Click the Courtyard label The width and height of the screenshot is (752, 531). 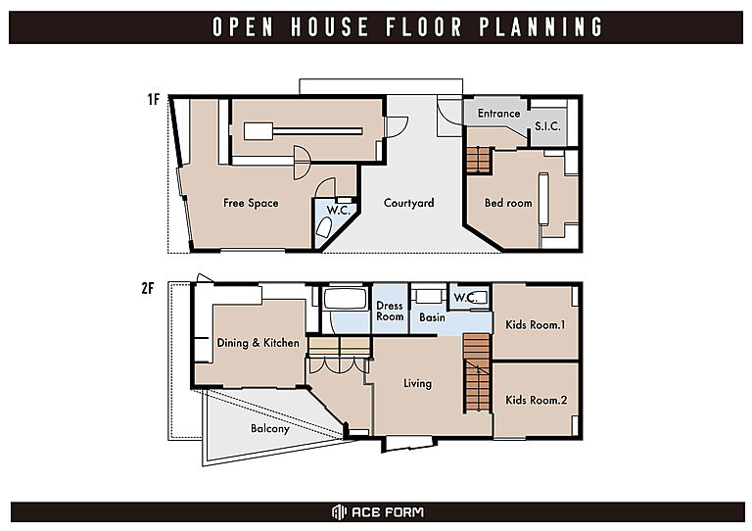tap(408, 203)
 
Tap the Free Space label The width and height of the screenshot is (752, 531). tap(251, 203)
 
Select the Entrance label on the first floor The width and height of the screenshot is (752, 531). tap(498, 114)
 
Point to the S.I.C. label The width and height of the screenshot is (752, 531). tap(547, 126)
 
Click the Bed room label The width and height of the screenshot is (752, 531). tap(508, 203)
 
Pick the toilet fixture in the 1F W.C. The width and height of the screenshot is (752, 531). tap(325, 227)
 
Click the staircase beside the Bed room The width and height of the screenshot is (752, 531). tap(478, 161)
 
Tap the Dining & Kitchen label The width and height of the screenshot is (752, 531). tap(258, 343)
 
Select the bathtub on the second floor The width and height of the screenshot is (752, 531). tap(346, 299)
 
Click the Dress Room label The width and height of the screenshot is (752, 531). tap(390, 311)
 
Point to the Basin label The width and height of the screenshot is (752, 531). tap(432, 317)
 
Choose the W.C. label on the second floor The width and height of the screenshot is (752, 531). tap(464, 298)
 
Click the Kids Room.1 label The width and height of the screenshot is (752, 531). tap(536, 324)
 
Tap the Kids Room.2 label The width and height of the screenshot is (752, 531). tap(537, 400)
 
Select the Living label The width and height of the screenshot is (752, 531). tap(417, 383)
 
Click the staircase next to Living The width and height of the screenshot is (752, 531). tap(477, 373)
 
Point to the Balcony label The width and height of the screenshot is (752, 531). tap(270, 428)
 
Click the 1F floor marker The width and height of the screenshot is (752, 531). tap(153, 99)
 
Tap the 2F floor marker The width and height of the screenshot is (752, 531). tap(148, 288)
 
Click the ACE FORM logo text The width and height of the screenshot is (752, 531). tap(388, 512)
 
